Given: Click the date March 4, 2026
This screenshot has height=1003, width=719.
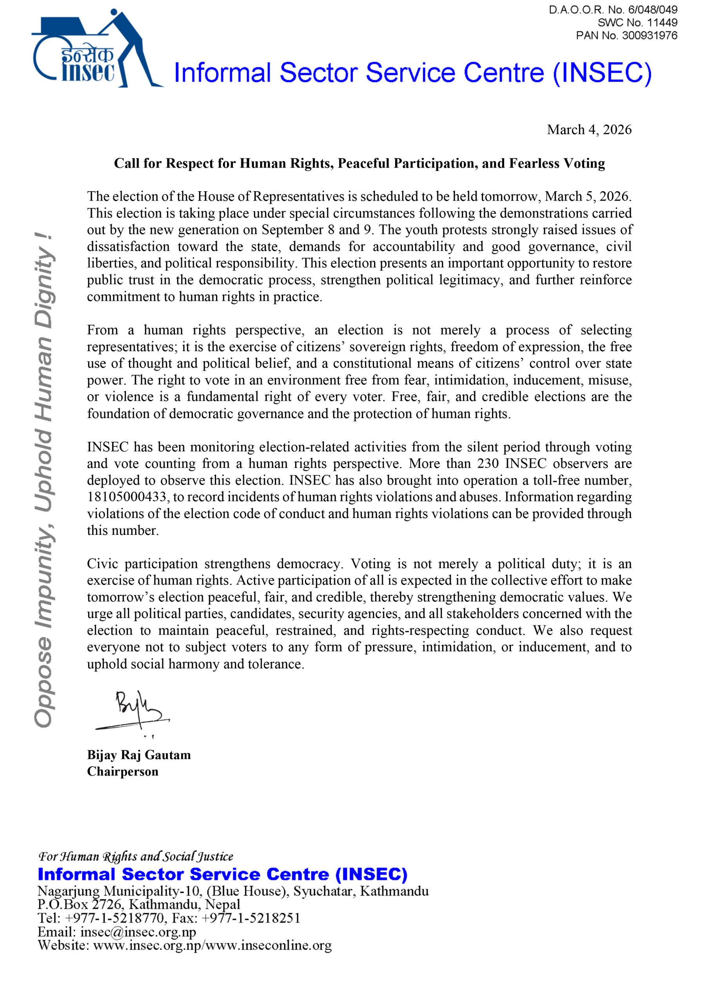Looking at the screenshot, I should coord(589,130).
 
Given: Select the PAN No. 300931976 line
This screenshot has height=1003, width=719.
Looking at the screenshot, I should coord(626,35).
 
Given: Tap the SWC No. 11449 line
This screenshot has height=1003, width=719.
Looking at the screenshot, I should coord(637,23).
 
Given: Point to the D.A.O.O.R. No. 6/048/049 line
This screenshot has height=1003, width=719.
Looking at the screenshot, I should coord(613,10).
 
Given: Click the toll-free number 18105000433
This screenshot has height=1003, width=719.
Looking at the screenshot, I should coord(128,497).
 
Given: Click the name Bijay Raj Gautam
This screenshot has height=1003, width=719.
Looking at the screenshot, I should coord(138,755).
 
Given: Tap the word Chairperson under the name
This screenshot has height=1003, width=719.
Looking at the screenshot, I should coord(123,772).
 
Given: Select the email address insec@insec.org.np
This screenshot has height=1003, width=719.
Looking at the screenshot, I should coord(138,932).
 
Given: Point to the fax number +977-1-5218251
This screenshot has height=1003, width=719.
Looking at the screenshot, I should coord(251,918).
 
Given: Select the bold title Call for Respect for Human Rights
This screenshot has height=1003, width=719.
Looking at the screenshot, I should coord(359,164).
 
